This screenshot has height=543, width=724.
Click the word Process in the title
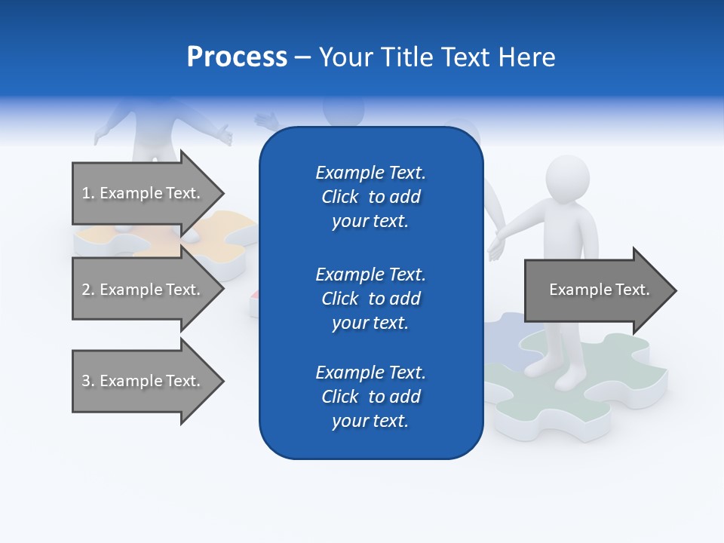[x=237, y=57]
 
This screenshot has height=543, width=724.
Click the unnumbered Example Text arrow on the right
[x=599, y=290]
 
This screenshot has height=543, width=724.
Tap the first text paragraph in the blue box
[x=370, y=197]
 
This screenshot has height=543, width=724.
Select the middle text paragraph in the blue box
[x=370, y=299]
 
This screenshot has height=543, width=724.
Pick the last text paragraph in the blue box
[x=370, y=397]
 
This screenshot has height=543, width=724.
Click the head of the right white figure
[x=566, y=179]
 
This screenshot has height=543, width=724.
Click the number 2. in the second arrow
[x=88, y=290]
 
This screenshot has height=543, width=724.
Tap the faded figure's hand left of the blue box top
[x=266, y=119]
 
